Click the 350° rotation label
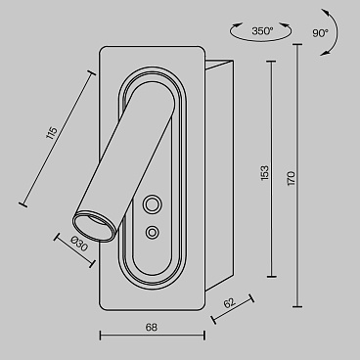[262, 31]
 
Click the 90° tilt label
[320, 33]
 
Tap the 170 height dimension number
[292, 178]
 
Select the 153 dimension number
[265, 173]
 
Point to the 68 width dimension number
[152, 327]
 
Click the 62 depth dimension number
[229, 303]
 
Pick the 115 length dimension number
[52, 133]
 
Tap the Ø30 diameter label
[79, 244]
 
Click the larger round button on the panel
[152, 204]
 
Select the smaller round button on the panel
[152, 233]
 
